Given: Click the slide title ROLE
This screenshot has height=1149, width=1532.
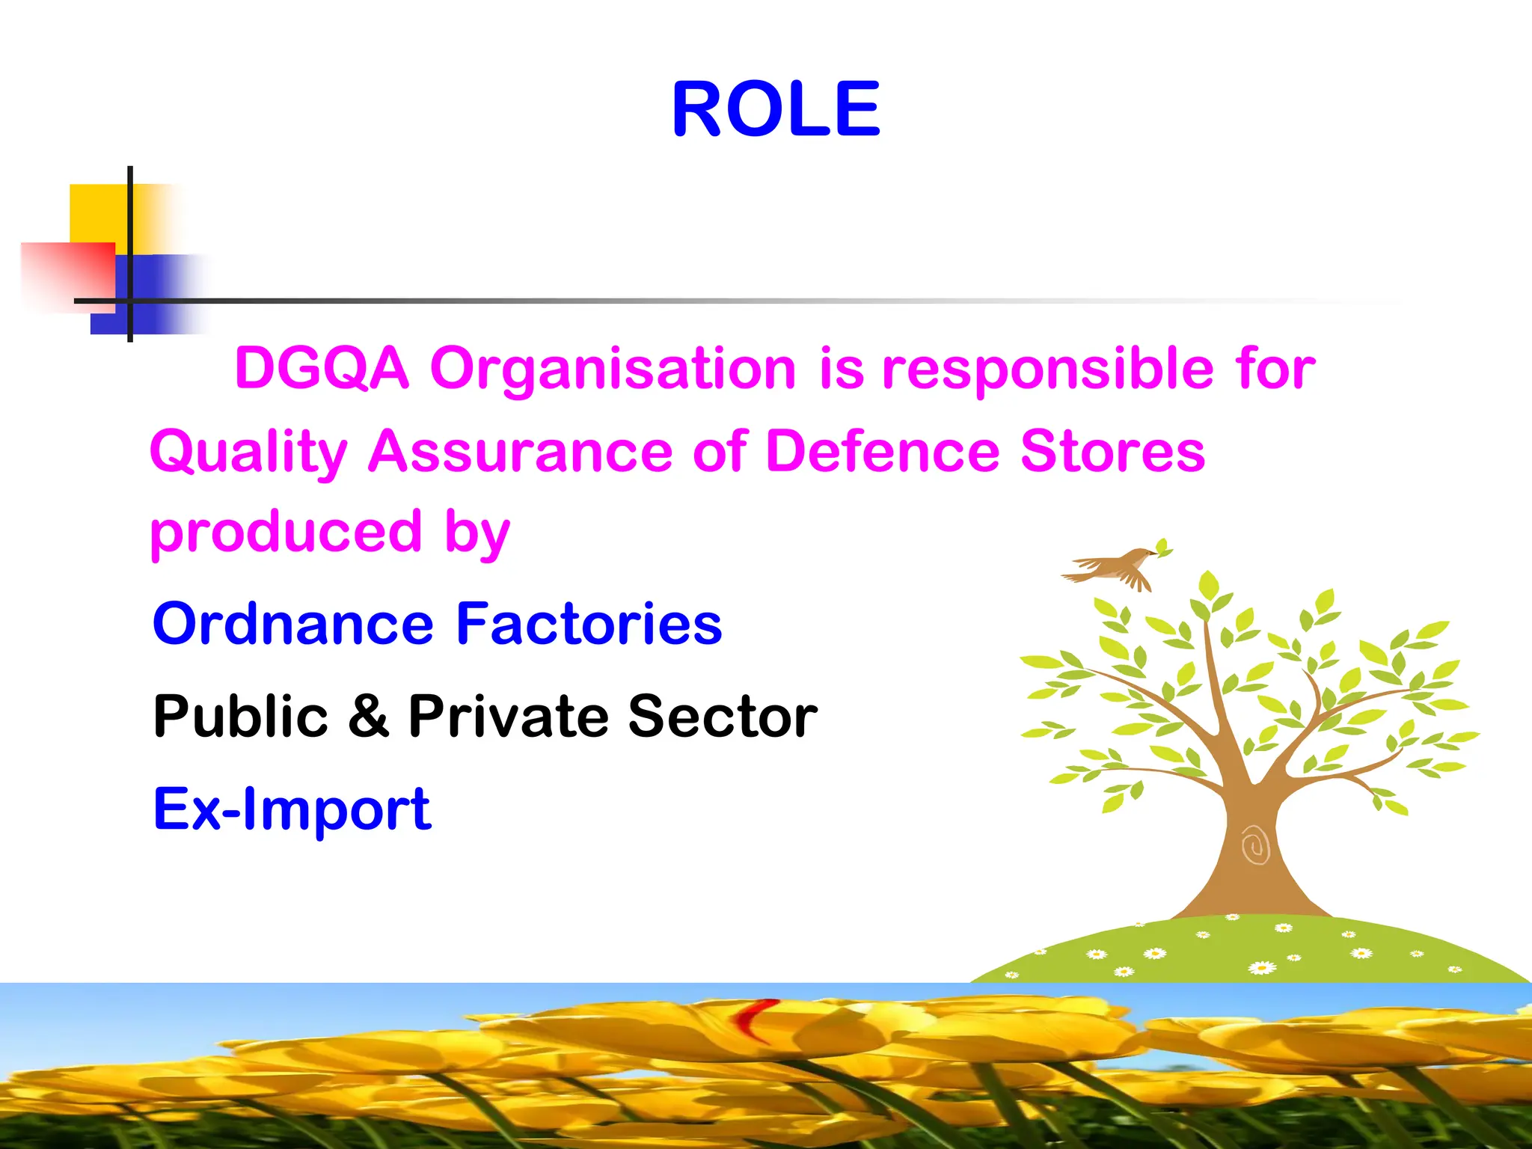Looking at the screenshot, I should (x=776, y=111).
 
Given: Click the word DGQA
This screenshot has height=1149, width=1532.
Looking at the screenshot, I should (x=322, y=368).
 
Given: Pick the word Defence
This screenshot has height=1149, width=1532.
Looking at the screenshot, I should (x=883, y=452).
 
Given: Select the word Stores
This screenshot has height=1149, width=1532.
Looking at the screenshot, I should (x=1112, y=452).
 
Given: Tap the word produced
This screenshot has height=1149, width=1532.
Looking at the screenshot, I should (x=286, y=533).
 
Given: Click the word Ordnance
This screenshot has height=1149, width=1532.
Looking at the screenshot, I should (x=292, y=624).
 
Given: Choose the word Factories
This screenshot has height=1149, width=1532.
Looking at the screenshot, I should (x=589, y=624).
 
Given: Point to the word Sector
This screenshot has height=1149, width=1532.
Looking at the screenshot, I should (x=722, y=717).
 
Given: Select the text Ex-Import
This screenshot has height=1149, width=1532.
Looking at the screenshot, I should (x=292, y=809).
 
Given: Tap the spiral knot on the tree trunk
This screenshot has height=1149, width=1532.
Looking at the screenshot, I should (x=1255, y=845).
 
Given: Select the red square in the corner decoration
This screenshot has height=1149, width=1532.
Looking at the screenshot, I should (x=67, y=275).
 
